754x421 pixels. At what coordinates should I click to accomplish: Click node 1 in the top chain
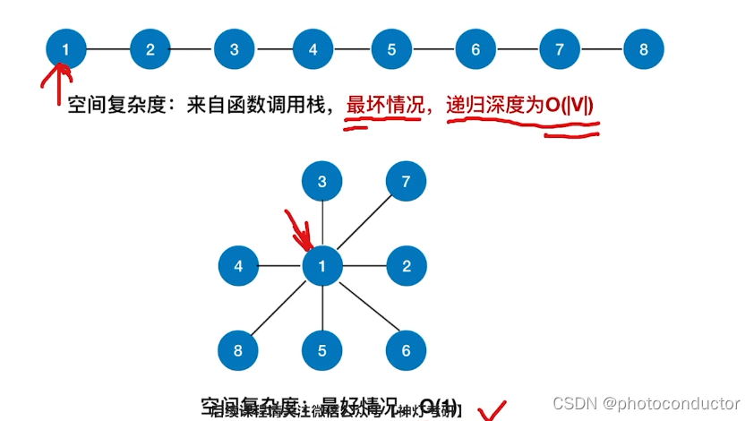point(65,49)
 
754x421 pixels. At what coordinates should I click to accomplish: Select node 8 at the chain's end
point(643,49)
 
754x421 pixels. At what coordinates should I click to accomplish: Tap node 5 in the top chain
point(391,49)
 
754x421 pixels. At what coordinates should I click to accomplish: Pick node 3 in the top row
point(234,49)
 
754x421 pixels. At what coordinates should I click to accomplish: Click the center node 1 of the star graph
point(322,266)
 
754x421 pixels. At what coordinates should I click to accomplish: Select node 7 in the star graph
point(406,182)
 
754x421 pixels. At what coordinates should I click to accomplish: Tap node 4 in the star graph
point(238,266)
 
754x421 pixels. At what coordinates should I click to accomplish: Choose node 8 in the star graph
point(238,350)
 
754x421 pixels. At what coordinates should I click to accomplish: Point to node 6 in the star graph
point(406,350)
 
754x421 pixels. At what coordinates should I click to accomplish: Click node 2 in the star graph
point(406,266)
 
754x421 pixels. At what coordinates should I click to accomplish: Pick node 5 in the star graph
point(322,350)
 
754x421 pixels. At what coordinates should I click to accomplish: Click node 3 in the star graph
point(322,182)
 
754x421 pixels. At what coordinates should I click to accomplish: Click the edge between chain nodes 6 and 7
point(518,49)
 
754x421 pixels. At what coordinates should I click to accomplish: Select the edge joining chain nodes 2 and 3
point(192,49)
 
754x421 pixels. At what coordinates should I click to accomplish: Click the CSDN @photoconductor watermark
point(647,403)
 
